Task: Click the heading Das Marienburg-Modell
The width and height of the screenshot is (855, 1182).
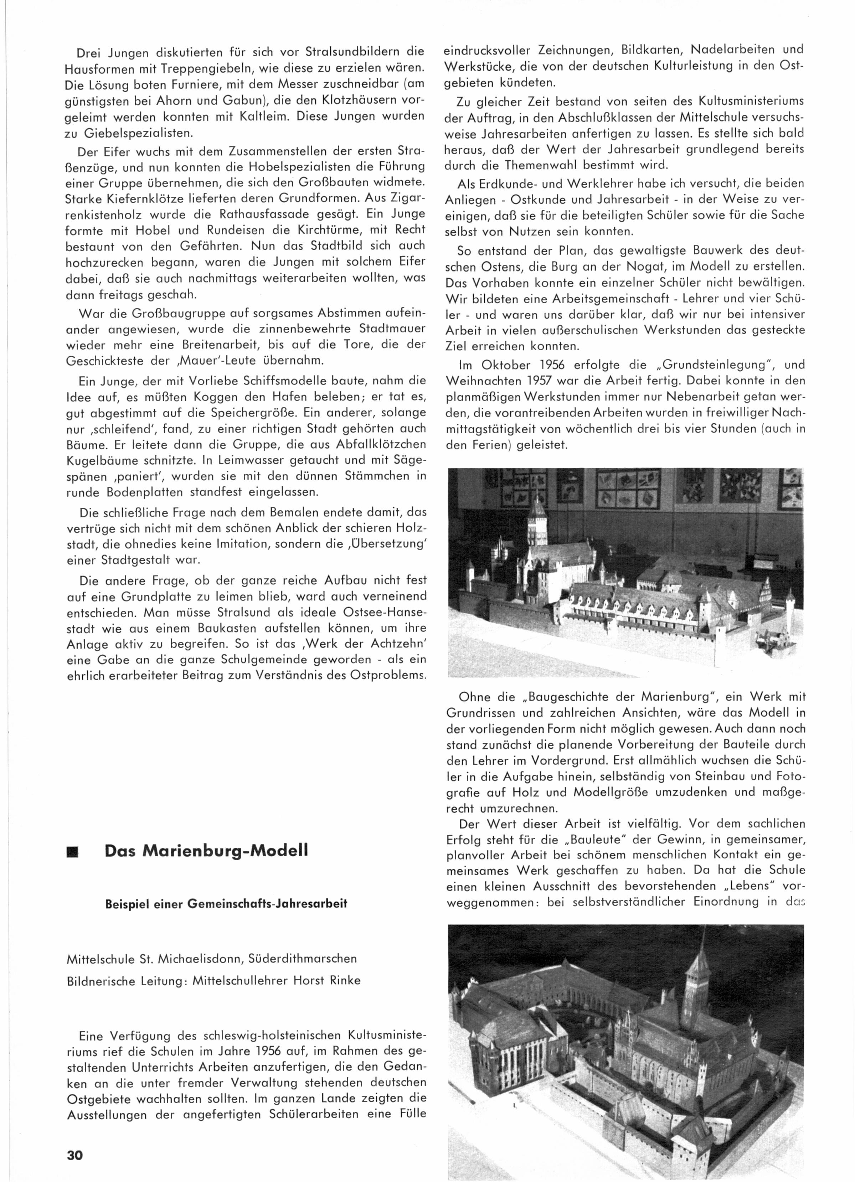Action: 206,851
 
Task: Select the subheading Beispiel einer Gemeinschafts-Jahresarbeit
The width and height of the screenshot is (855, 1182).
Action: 226,904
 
